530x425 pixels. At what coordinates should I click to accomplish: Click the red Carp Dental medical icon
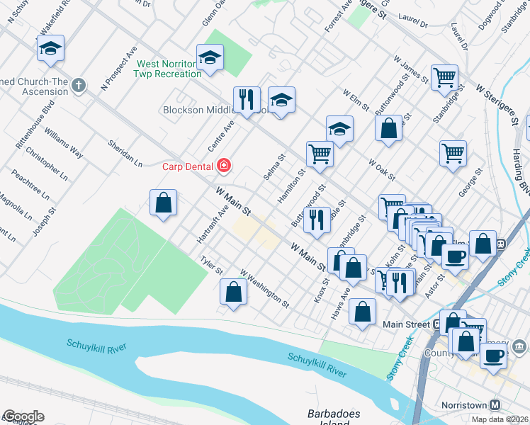point(224,165)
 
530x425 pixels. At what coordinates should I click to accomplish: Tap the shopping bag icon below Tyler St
point(233,292)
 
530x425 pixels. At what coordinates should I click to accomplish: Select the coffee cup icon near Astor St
point(455,256)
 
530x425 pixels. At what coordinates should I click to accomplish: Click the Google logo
point(23,416)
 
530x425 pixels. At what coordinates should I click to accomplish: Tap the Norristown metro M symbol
point(495,404)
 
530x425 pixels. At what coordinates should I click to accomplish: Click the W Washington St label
point(265,288)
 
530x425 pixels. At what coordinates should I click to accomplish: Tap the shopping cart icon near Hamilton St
point(320,154)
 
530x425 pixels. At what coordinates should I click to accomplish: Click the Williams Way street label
point(63,142)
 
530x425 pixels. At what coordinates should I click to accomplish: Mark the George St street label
point(470,182)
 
